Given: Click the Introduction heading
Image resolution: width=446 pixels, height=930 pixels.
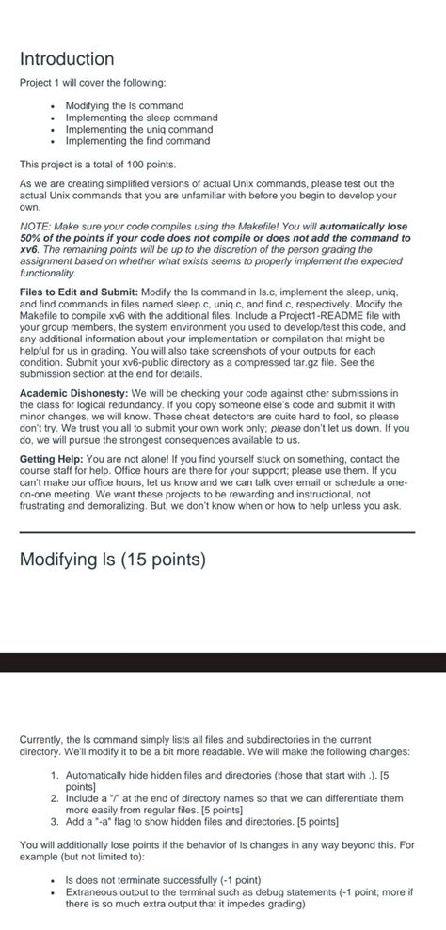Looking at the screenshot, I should [67, 59].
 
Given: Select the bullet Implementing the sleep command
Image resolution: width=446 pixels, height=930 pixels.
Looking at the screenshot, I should [141, 118].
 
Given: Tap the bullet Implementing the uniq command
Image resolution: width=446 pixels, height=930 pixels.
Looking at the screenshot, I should [139, 129].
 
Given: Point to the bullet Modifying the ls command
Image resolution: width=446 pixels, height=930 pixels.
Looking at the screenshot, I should [124, 106].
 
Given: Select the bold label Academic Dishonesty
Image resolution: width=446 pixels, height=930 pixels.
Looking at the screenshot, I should [73, 392].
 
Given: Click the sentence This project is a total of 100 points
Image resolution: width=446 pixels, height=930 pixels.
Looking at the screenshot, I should [98, 164].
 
